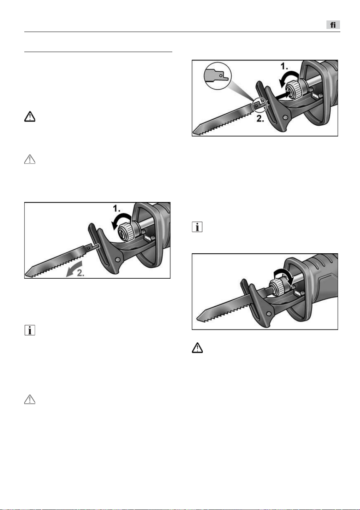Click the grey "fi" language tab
pyautogui.click(x=333, y=25)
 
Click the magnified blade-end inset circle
pyautogui.click(x=218, y=76)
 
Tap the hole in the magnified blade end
pyautogui.click(x=220, y=75)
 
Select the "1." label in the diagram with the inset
pyautogui.click(x=284, y=66)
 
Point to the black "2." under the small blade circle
pyautogui.click(x=260, y=119)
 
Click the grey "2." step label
pyautogui.click(x=81, y=273)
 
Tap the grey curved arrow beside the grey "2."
pyautogui.click(x=73, y=269)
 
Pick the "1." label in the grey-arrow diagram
pyautogui.click(x=116, y=209)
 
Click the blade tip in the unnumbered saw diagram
pyautogui.click(x=197, y=318)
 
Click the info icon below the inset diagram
pyautogui.click(x=197, y=227)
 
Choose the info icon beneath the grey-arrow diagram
pyautogui.click(x=30, y=330)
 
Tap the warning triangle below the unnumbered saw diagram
pyautogui.click(x=197, y=348)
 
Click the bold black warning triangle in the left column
pyautogui.click(x=30, y=116)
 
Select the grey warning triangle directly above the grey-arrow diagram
pyautogui.click(x=30, y=159)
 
